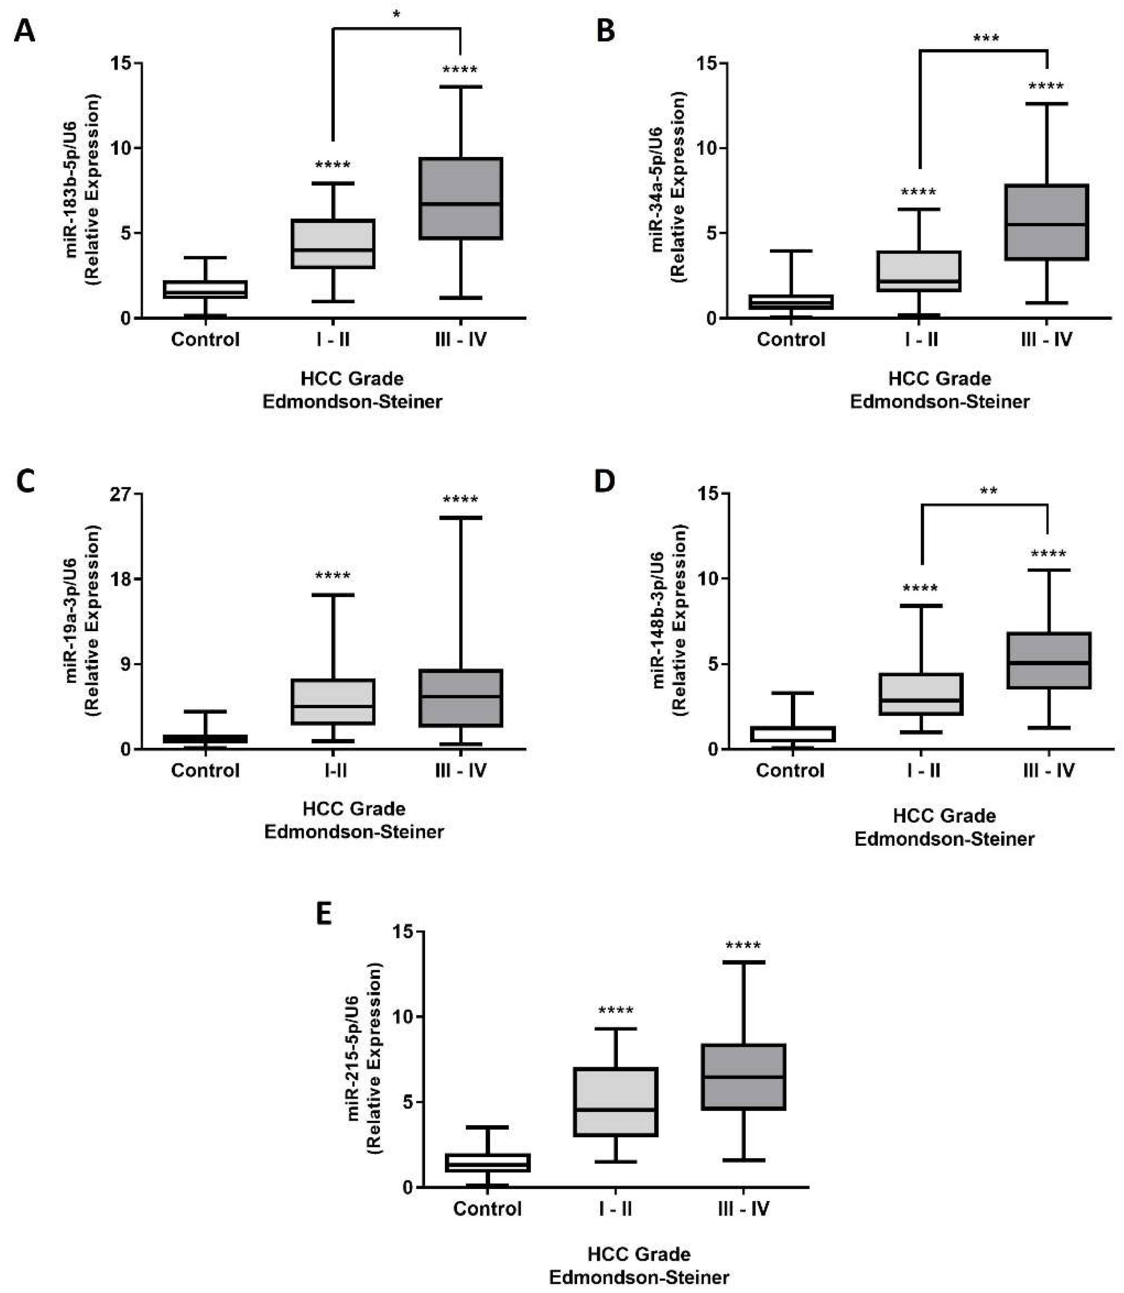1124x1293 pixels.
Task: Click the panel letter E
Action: point(324,913)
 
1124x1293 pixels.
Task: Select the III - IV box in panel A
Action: point(461,198)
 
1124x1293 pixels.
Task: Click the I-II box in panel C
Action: point(333,701)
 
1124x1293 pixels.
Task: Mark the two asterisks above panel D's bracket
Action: point(988,491)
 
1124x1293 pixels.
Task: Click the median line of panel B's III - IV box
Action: point(1046,225)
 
